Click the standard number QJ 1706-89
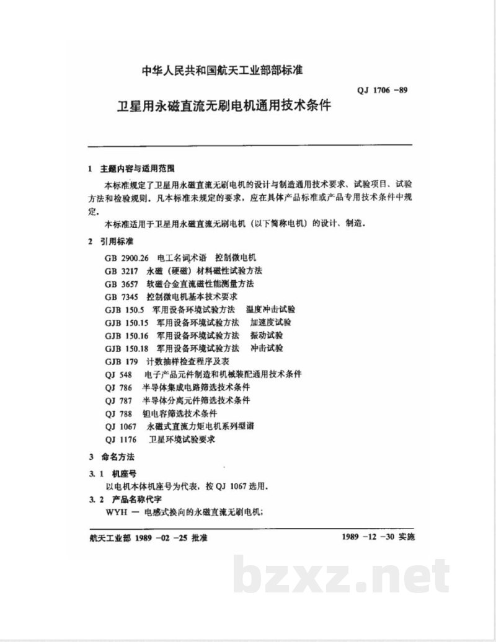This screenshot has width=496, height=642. [382, 90]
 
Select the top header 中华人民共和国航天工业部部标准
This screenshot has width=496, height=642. [222, 70]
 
